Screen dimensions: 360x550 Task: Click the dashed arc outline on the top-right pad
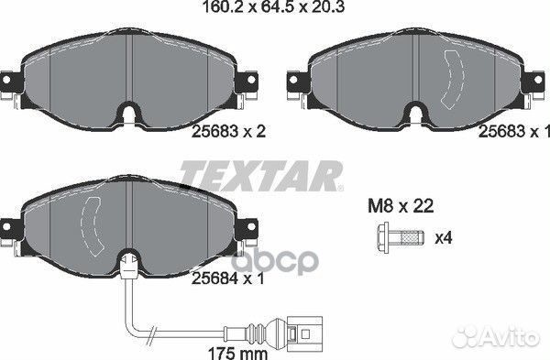(452, 77)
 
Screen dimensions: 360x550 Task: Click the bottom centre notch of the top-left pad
(129, 116)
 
